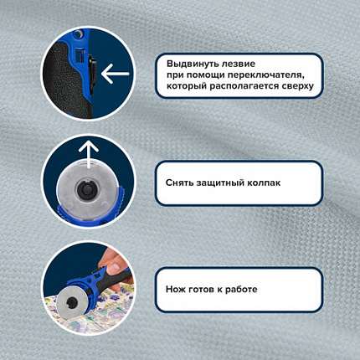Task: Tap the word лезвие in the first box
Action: pos(239,64)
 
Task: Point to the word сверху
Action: pos(297,86)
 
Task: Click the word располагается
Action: pos(244,86)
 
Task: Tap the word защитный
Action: pos(220,183)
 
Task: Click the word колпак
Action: pos(264,183)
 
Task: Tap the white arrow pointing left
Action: pos(116,74)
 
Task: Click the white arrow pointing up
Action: pos(89,154)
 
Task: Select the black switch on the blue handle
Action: pos(92,71)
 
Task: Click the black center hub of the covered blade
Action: pos(87,189)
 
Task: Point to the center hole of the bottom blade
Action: pos(72,301)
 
